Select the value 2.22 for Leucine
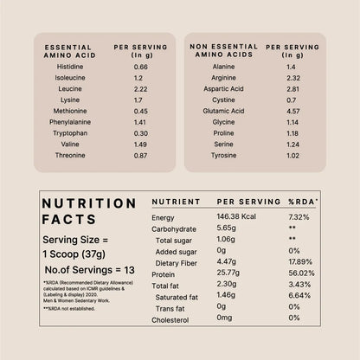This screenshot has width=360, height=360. pyautogui.click(x=141, y=89)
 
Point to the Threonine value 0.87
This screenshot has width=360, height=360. pyautogui.click(x=141, y=155)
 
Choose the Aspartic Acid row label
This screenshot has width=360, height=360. pyautogui.click(x=227, y=89)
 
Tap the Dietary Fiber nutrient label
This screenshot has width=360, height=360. pyautogui.click(x=178, y=262)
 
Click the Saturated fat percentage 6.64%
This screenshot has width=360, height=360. pyautogui.click(x=300, y=296)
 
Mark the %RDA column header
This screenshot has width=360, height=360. pyautogui.click(x=303, y=201)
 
